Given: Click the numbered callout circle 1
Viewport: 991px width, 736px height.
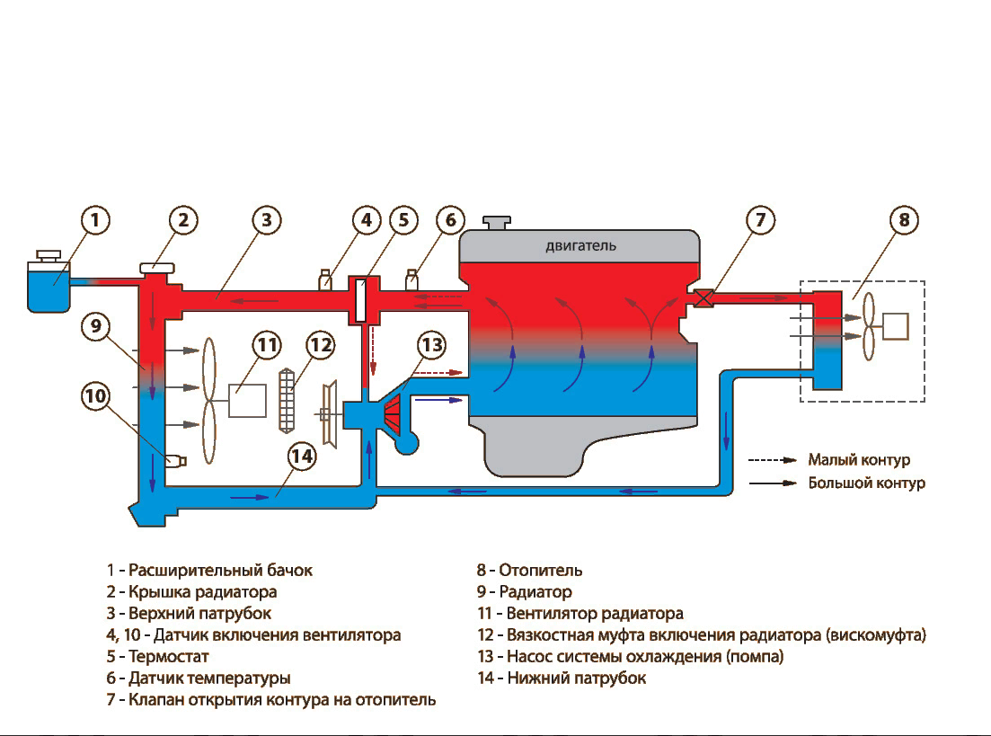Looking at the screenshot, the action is (95, 220).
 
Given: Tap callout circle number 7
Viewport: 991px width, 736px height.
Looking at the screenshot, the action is (760, 220).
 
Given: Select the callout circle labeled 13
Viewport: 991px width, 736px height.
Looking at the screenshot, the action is (432, 345).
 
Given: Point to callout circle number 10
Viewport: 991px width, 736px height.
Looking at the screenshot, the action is (95, 396).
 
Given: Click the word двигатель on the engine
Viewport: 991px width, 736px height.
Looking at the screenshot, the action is (580, 246).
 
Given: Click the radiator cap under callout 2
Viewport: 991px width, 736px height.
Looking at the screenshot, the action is (156, 269).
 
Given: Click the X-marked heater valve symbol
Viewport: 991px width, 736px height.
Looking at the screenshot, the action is (703, 297).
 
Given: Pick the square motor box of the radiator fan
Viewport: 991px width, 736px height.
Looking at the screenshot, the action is (247, 400).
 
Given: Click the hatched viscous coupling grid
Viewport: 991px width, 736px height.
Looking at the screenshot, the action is (287, 401).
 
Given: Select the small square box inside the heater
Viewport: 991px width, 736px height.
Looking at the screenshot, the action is (895, 326).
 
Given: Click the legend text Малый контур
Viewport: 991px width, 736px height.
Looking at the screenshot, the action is (859, 460).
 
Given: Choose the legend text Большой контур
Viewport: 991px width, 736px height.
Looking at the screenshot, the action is (866, 483).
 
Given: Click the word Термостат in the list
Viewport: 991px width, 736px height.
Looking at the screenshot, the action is (168, 656).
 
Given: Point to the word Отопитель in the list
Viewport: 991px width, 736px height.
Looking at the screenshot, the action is (540, 571).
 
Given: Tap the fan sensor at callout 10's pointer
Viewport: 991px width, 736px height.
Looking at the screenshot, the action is (176, 461).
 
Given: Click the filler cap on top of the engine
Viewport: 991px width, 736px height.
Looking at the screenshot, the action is (497, 223).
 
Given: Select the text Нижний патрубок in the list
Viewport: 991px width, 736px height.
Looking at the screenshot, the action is (577, 678).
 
